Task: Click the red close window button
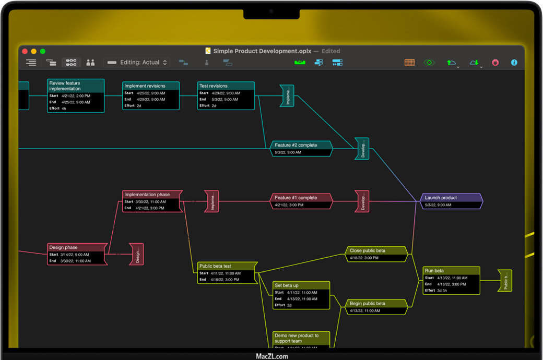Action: pyautogui.click(x=25, y=51)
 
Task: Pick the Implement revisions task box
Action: pyautogui.click(x=151, y=95)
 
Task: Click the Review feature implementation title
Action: pyautogui.click(x=75, y=86)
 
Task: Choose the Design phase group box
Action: pyautogui.click(x=77, y=254)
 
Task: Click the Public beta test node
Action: pyautogui.click(x=227, y=273)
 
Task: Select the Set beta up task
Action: pyautogui.click(x=301, y=295)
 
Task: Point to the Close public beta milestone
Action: pyautogui.click(x=376, y=254)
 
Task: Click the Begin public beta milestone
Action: pyautogui.click(x=376, y=307)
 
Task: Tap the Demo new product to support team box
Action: pyautogui.click(x=301, y=339)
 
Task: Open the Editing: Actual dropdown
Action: pyautogui.click(x=137, y=63)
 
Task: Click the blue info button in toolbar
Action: pyautogui.click(x=514, y=63)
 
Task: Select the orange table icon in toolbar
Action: pyautogui.click(x=410, y=63)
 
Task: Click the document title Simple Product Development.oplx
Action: pyautogui.click(x=262, y=51)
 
